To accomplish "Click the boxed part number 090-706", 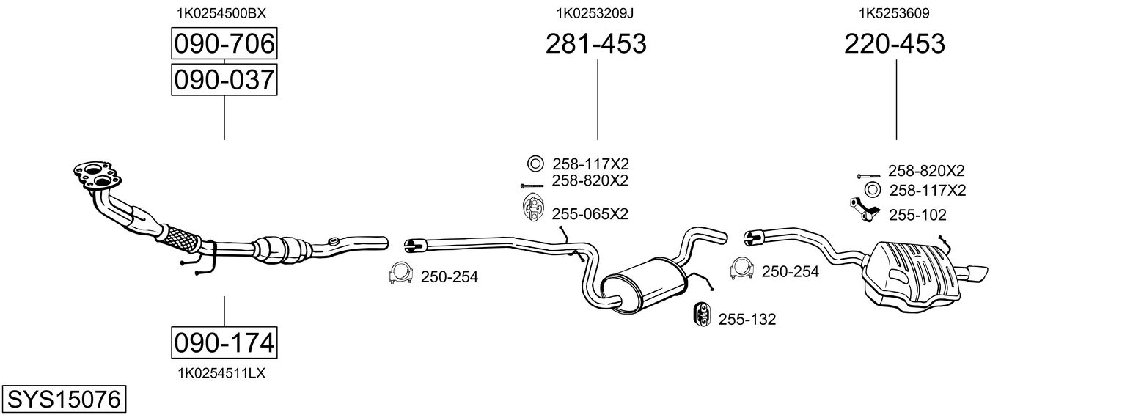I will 224,45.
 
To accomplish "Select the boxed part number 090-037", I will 224,79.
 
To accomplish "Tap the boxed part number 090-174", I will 224,342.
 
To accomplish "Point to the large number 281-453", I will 595,44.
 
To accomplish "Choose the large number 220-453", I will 895,44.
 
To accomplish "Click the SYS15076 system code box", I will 63,400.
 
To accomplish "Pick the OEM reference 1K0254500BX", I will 221,12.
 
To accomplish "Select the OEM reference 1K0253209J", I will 595,12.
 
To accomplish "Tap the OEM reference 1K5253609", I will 894,12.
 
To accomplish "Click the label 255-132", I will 747,319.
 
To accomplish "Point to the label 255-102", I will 917,215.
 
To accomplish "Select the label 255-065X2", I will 590,214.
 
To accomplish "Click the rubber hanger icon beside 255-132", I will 702,314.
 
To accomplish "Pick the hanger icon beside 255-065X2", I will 532,208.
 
